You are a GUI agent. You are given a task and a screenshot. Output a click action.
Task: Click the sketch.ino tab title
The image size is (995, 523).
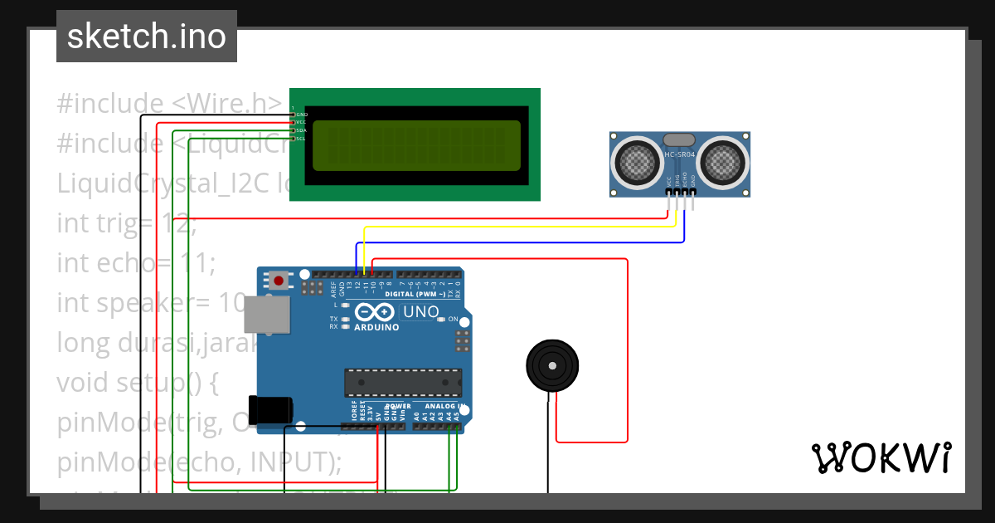tap(146, 37)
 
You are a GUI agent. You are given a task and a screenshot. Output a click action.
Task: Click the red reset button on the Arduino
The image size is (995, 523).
tap(279, 281)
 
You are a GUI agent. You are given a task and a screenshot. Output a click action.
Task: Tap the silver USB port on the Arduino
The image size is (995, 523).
tap(267, 316)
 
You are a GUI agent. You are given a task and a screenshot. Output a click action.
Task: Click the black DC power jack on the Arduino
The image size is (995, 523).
tap(271, 408)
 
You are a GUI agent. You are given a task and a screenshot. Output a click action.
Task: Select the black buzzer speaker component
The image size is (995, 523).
tap(552, 365)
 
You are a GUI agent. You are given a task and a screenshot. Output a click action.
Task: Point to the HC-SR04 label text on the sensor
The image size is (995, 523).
tap(681, 155)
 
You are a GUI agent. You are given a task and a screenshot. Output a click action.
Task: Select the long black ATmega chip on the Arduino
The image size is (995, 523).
tap(403, 381)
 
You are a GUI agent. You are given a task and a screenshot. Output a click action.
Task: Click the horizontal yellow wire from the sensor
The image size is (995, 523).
tap(514, 227)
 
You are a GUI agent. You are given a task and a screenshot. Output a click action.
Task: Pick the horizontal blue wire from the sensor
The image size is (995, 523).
tap(514, 242)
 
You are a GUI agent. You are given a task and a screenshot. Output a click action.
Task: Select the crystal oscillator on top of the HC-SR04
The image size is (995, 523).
tap(680, 139)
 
